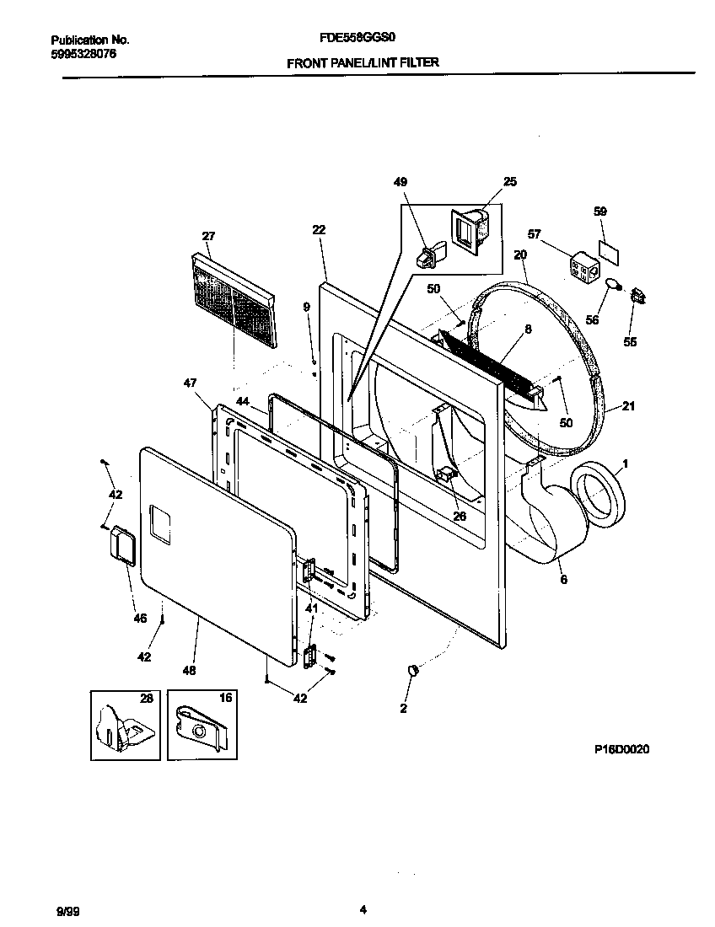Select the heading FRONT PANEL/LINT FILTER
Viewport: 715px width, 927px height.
point(363,62)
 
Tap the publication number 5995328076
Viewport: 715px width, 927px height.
point(83,54)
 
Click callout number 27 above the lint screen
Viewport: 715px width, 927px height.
point(208,236)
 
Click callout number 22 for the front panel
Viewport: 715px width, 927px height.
point(318,229)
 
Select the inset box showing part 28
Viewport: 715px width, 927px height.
point(125,723)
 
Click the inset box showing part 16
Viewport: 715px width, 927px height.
point(202,723)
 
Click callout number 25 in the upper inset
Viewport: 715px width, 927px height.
point(510,182)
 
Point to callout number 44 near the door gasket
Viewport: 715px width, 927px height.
point(243,402)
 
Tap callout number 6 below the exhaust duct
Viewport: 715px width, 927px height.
point(563,579)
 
